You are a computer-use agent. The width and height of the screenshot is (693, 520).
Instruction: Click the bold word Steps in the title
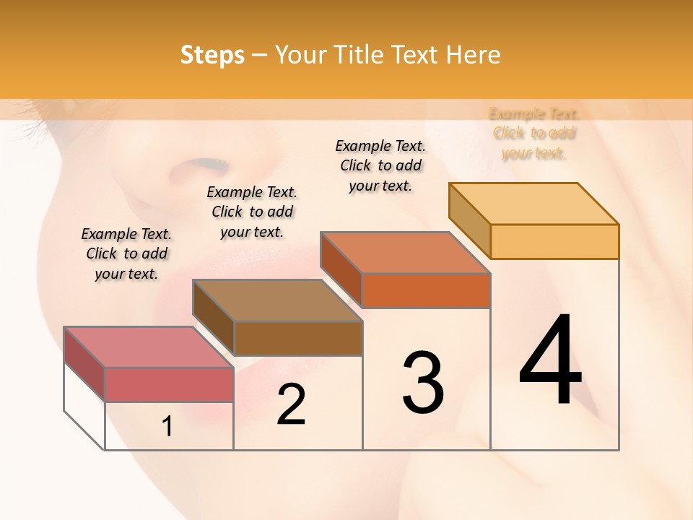212,56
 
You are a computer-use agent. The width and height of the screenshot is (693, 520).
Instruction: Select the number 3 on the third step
423,382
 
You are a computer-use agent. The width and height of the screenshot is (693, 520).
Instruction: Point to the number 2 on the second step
291,404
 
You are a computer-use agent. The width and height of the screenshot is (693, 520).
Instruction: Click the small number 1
167,427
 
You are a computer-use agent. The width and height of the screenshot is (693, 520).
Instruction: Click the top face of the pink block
149,347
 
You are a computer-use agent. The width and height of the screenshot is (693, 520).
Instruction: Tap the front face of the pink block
169,384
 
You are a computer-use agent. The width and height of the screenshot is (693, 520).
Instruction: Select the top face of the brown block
277,300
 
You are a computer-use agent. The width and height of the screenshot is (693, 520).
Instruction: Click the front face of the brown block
298,338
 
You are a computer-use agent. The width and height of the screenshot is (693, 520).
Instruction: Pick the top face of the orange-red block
405,253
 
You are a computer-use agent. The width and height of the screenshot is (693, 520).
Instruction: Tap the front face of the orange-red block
426,290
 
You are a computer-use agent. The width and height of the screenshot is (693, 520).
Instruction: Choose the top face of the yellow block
533,204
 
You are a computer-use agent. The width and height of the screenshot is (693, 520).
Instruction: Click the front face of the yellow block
554,241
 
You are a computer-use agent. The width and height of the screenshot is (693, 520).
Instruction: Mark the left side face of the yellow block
469,220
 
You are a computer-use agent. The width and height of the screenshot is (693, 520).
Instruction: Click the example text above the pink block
126,253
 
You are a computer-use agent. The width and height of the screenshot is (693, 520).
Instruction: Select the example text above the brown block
252,212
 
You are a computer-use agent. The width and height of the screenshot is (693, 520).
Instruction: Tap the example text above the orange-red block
380,165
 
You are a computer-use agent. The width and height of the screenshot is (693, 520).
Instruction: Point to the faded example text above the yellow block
534,133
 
